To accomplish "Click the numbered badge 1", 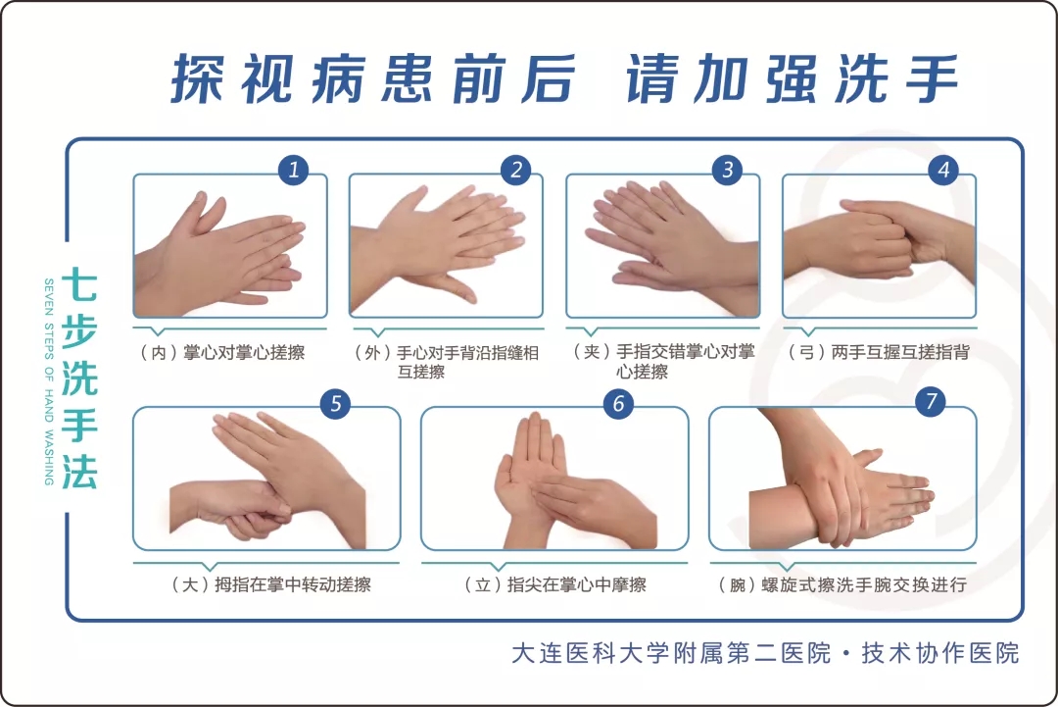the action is coord(294,170).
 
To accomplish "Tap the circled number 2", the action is coord(516,170).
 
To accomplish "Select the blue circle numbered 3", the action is coord(727,170).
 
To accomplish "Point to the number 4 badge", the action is coord(943,170).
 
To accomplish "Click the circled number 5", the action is coord(335,404).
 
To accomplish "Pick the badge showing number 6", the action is coord(618,404).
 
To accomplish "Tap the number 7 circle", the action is coord(931,401).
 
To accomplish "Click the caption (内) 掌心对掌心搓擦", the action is coord(222,352).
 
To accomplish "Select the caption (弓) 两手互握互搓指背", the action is coord(879,352).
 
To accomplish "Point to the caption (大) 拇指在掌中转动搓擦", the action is coord(271,584).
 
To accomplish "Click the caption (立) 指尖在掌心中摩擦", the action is coord(555,584).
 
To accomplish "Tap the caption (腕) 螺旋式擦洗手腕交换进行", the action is coord(842,584).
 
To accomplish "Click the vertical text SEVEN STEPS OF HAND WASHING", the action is coord(49,381).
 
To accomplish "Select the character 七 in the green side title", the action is coord(79,285).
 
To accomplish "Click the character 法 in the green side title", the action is coord(79,471).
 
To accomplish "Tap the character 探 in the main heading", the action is coord(198,78).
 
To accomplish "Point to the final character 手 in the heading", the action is coord(932,78).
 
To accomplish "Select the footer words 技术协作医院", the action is coord(940,653).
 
